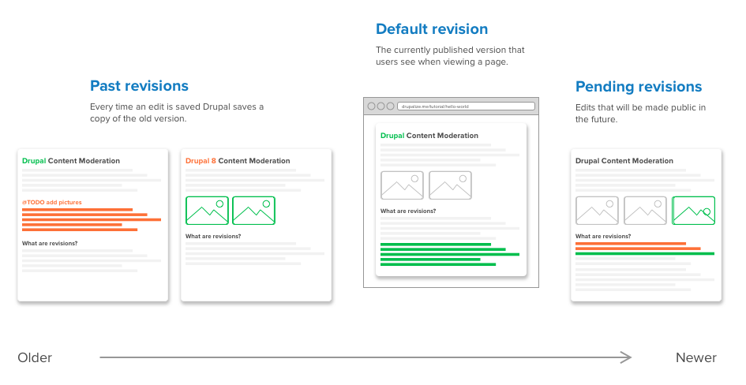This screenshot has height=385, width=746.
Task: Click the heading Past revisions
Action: (x=139, y=86)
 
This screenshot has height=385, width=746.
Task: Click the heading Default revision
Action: (x=432, y=29)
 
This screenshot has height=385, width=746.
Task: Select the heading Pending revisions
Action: (x=638, y=87)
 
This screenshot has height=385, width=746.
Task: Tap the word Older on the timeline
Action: (x=35, y=358)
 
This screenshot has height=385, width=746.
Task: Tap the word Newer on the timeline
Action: (x=695, y=358)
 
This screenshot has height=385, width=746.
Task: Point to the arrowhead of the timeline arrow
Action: (x=627, y=358)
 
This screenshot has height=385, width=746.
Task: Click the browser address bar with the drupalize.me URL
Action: (x=466, y=106)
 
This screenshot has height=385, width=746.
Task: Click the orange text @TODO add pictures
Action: (x=51, y=203)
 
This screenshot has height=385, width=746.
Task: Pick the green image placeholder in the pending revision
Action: (x=693, y=211)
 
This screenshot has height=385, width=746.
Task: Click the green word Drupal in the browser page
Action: (x=392, y=136)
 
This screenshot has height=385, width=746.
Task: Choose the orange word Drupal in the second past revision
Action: (x=197, y=161)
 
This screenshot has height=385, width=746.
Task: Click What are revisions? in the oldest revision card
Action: (x=50, y=243)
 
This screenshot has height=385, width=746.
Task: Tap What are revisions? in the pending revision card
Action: (x=603, y=237)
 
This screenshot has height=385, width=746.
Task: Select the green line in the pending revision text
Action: (x=644, y=254)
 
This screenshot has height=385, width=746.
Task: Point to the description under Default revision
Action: (x=450, y=56)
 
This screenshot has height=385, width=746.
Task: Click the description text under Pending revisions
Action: (x=640, y=114)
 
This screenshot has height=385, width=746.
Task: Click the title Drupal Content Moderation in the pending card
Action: (x=624, y=161)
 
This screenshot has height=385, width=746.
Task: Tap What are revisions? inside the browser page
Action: (x=408, y=211)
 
